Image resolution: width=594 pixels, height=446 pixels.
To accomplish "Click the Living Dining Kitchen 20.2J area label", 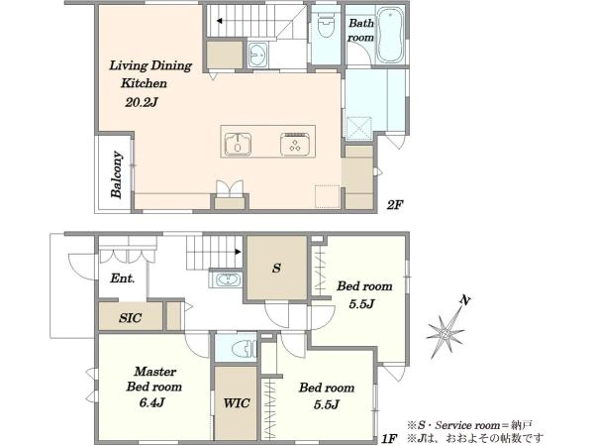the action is coord(150,84).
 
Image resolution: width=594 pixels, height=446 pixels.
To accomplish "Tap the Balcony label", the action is coord(117,174).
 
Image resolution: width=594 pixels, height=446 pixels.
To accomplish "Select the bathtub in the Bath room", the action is coord(390,36).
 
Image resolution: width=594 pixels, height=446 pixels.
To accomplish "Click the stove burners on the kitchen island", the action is coord(295,144).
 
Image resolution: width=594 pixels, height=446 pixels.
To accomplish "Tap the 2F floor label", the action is coord(394,205).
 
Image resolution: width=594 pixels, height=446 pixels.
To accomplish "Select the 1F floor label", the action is coord(389,439).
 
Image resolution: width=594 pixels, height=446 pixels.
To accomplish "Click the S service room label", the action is coord(276,269).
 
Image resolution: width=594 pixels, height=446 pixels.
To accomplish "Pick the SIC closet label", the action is coord(130,317).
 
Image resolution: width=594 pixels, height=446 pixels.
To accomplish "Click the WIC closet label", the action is coord(237,402).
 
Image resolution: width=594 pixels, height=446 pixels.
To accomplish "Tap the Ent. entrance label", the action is coord(123,279).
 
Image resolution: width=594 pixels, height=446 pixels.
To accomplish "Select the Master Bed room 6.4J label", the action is coord(153,387).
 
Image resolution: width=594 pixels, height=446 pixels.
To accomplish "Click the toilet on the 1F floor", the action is coord(244,349).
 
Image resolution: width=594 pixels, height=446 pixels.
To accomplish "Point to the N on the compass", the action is coord(465,300).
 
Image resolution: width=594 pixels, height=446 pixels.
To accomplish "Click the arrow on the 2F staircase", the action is coord(220,21).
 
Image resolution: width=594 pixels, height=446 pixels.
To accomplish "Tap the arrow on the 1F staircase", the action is coord(238,251).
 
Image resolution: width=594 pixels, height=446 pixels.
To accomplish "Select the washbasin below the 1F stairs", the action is coord(227,279).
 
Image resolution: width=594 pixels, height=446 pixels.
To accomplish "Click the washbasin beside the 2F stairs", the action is coord(258,55).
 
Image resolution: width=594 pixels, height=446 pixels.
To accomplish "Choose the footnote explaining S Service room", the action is coord(469,425).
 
